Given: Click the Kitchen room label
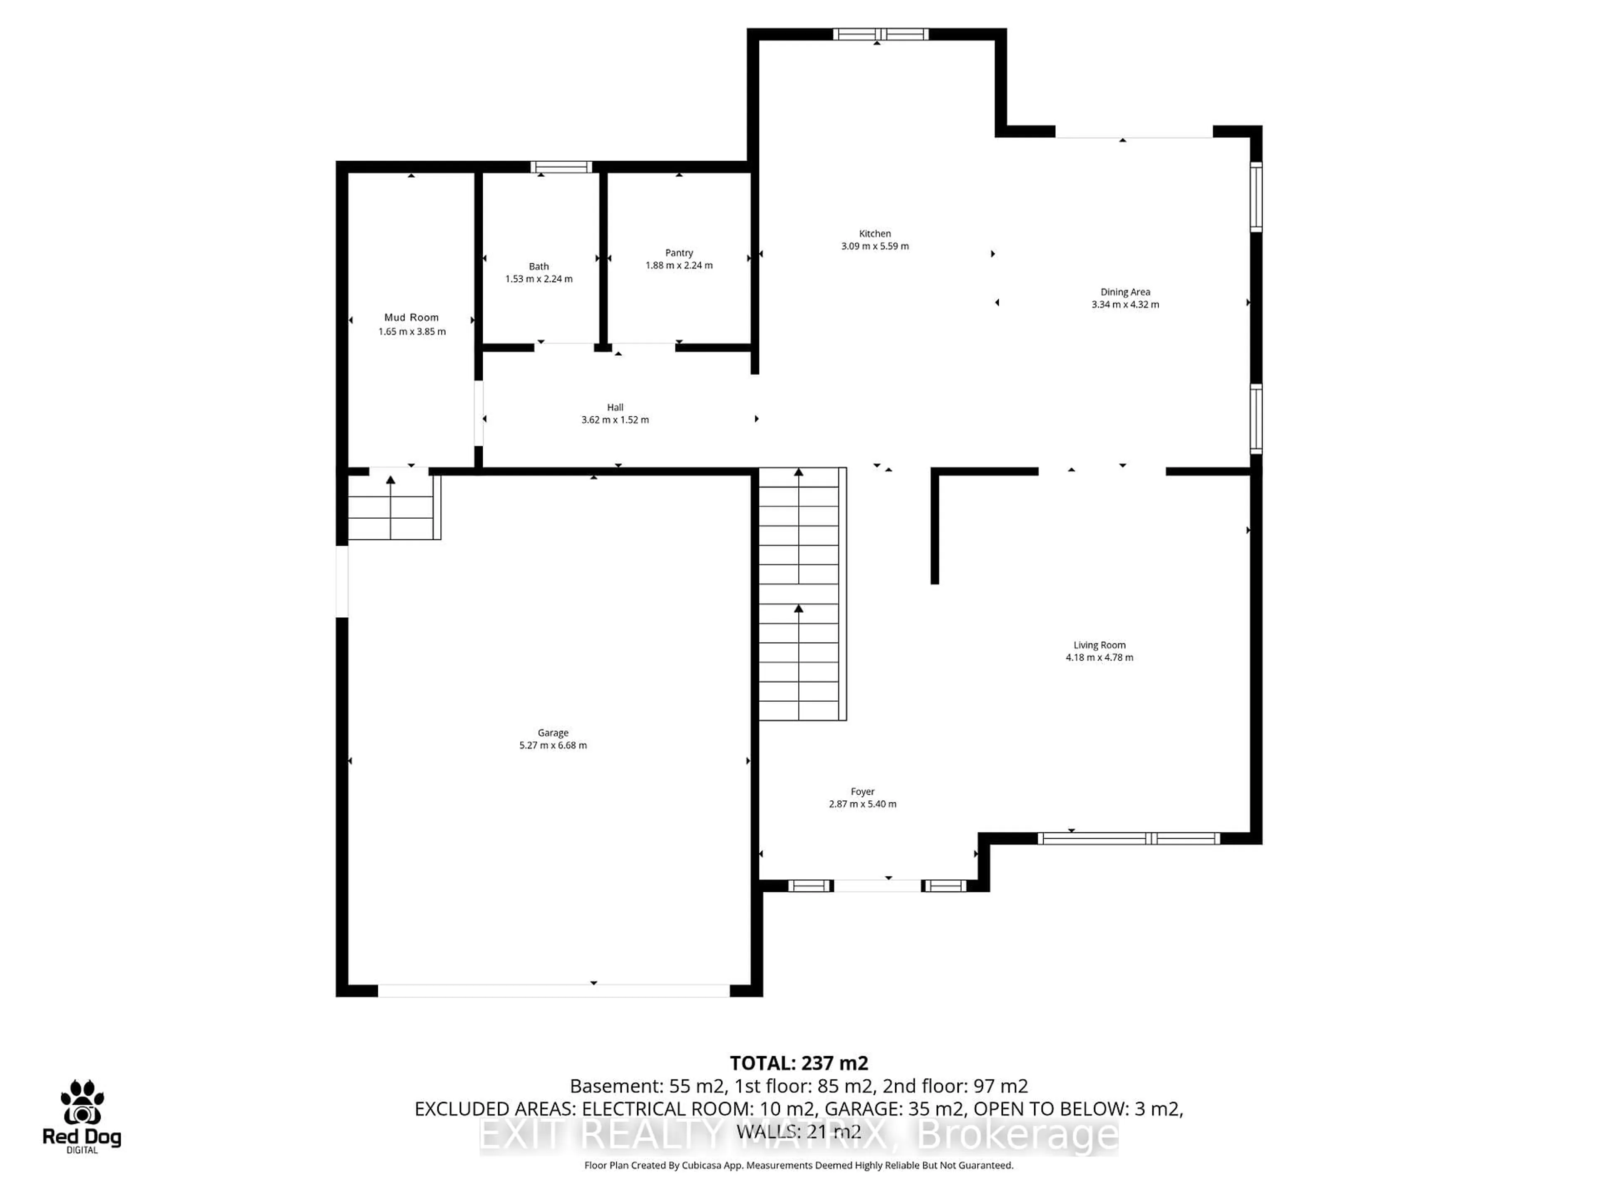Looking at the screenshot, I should [x=874, y=234].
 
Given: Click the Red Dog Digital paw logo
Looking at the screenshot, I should [x=82, y=1103].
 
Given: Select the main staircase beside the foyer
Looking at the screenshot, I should [x=800, y=594].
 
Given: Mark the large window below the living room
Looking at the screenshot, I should [x=1129, y=838].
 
